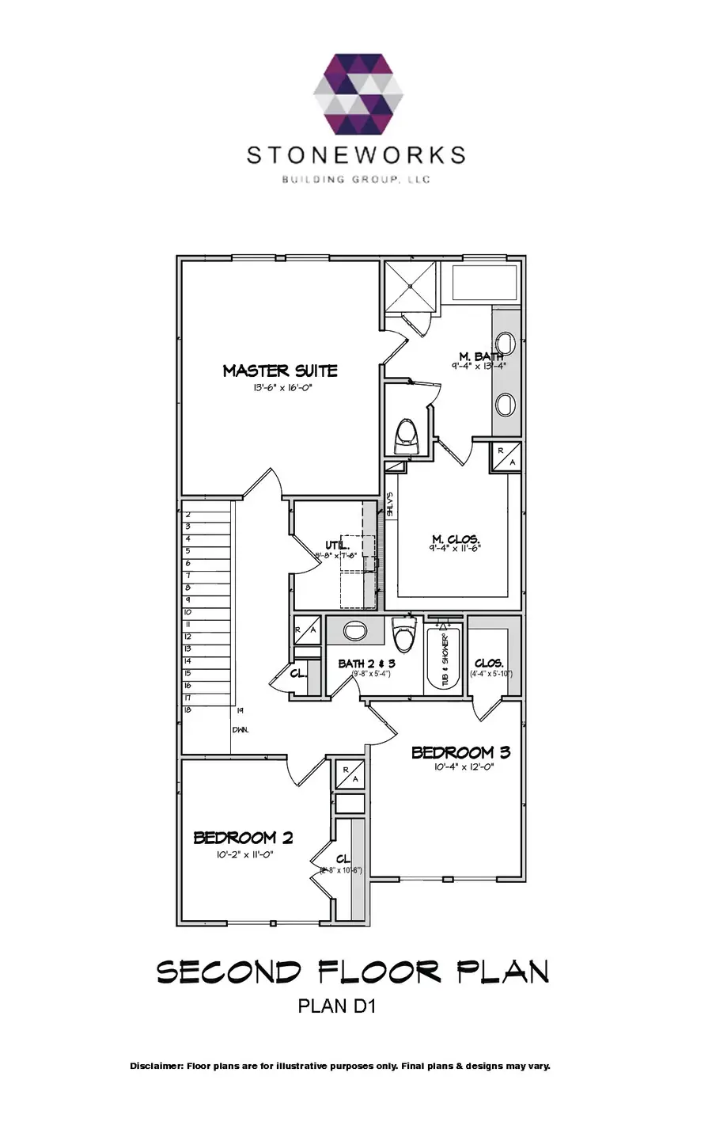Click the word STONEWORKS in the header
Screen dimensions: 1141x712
(356, 154)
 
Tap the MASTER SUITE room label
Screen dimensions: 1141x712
(280, 371)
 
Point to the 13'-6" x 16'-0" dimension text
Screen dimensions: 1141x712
(280, 388)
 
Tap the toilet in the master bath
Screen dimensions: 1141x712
(406, 436)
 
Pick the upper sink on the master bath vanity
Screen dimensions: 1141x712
(506, 342)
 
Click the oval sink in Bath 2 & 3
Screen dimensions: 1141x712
(355, 632)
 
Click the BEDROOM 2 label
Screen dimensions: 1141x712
(244, 838)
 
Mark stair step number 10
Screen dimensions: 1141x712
(188, 612)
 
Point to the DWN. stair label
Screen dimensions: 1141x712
(240, 729)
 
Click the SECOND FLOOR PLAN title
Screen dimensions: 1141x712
(353, 972)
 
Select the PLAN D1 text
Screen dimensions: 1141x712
(335, 1006)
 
